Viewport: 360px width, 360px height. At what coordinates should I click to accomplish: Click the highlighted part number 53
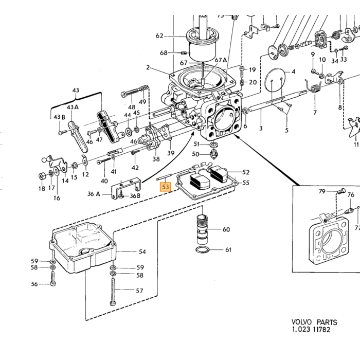pyautogui.click(x=165, y=187)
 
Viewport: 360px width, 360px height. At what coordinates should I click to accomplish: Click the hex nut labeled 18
pyautogui.click(x=42, y=176)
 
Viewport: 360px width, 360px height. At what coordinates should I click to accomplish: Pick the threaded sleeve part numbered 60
pyautogui.click(x=202, y=229)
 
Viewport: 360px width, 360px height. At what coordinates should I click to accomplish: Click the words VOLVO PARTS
pyautogui.click(x=314, y=322)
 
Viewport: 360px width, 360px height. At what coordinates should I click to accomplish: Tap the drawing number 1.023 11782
pyautogui.click(x=311, y=330)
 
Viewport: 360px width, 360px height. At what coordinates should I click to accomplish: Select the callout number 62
pyautogui.click(x=159, y=36)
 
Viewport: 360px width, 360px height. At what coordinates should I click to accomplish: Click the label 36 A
pyautogui.click(x=94, y=194)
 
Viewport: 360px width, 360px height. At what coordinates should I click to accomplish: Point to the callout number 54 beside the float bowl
pyautogui.click(x=142, y=252)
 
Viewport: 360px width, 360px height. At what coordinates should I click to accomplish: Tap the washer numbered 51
pyautogui.click(x=214, y=145)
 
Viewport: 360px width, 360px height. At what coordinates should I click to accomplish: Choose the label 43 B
pyautogui.click(x=60, y=117)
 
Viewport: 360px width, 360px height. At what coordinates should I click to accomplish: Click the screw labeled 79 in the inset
pyautogui.click(x=340, y=191)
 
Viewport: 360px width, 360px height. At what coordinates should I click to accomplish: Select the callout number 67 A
pyautogui.click(x=221, y=60)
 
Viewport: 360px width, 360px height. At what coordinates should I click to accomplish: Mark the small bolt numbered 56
pyautogui.click(x=53, y=278)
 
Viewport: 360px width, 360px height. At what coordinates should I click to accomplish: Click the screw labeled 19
pyautogui.click(x=242, y=71)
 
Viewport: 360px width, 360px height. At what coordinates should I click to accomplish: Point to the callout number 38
pyautogui.click(x=156, y=159)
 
